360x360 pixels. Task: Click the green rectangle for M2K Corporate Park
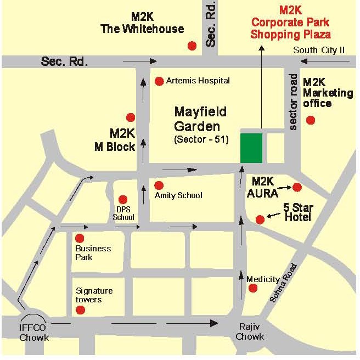click(252, 148)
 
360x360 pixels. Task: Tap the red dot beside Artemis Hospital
click(159, 81)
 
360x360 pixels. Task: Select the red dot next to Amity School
click(159, 185)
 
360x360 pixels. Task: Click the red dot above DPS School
click(123, 199)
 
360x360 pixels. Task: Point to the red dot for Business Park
click(80, 238)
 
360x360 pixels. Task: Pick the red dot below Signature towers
click(80, 310)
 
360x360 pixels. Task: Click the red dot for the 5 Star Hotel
click(260, 219)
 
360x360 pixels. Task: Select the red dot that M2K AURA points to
click(297, 187)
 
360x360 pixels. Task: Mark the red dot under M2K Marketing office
click(311, 120)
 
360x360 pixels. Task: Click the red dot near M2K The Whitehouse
click(192, 46)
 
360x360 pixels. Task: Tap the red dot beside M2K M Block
click(131, 117)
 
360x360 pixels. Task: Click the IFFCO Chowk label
click(34, 333)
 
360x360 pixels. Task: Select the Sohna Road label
click(283, 283)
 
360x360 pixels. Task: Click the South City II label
click(319, 50)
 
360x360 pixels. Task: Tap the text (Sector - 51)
click(201, 139)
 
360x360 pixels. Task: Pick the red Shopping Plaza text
click(290, 34)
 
